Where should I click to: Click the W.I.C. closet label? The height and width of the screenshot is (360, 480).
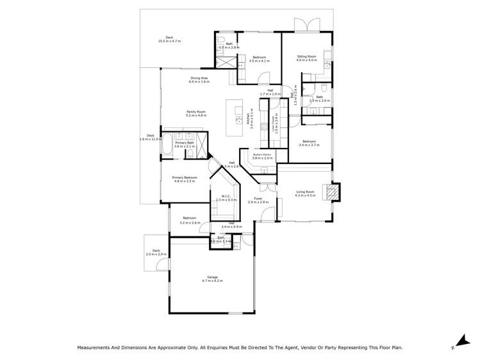coord(226,197)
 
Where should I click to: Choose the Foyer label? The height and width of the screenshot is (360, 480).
coord(258,199)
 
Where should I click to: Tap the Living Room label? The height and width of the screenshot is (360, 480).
coord(305,192)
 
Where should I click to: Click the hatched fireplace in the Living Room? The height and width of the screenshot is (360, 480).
coord(331,192)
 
